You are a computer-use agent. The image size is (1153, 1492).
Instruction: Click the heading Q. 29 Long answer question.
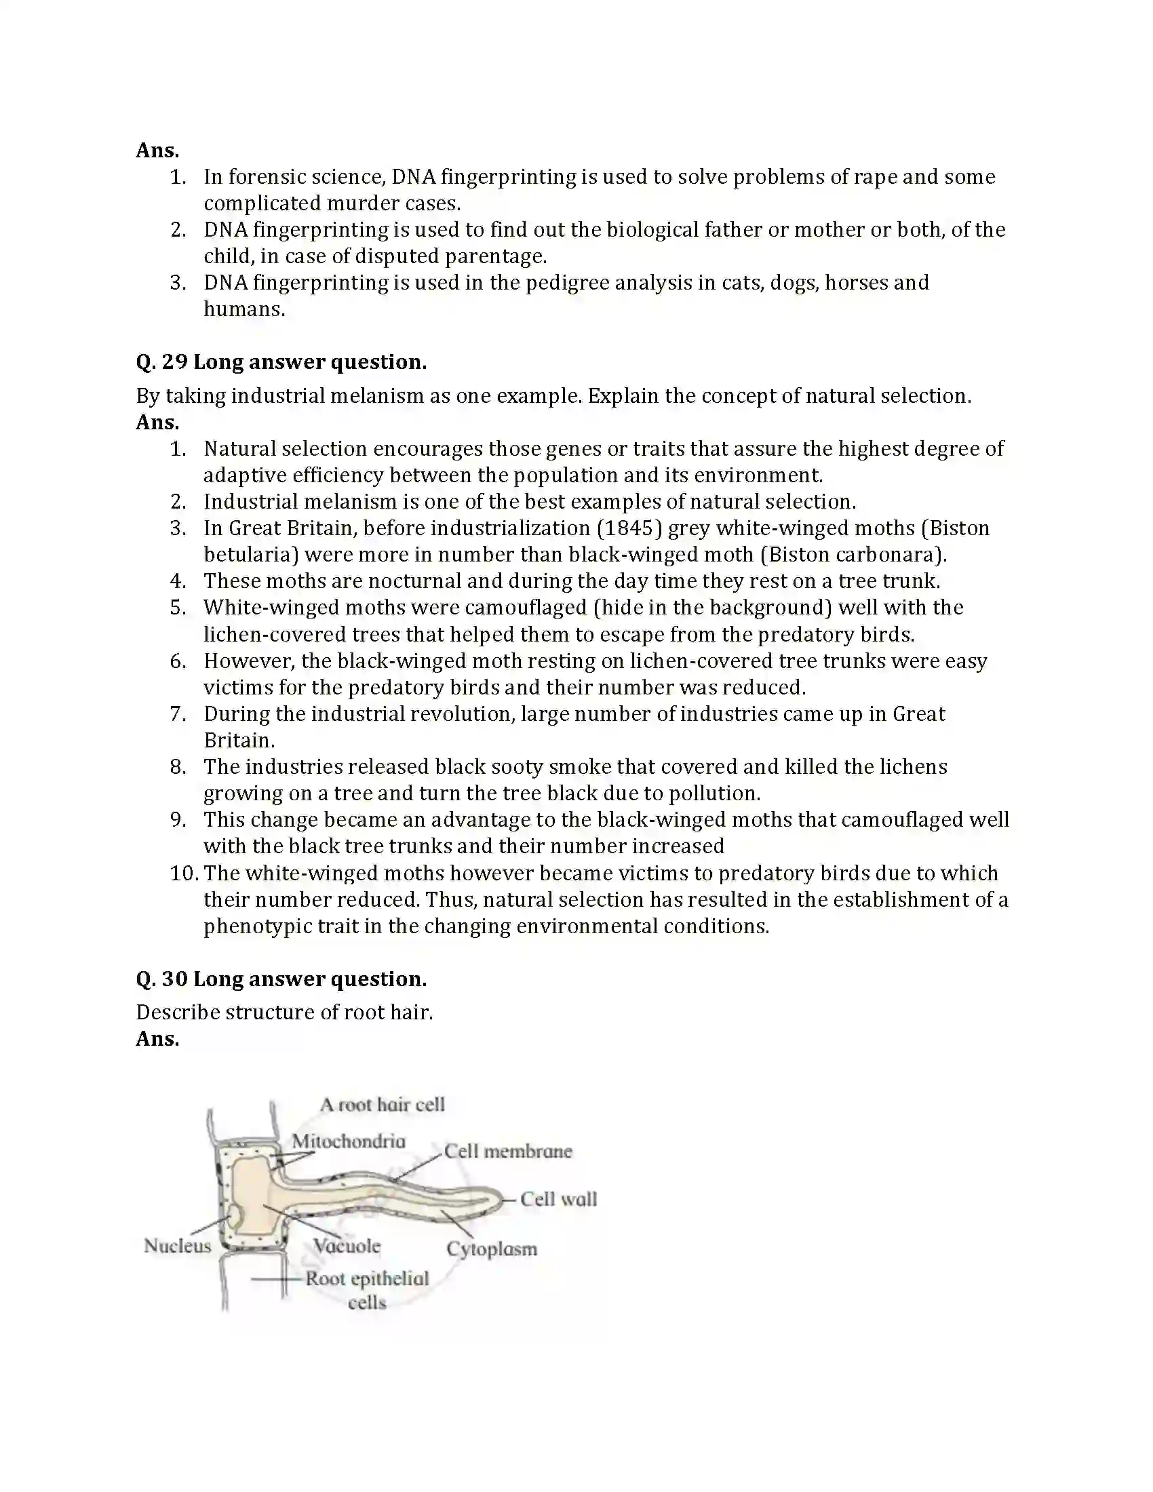[x=281, y=361]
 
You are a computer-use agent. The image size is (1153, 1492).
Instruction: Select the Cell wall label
[x=558, y=1199]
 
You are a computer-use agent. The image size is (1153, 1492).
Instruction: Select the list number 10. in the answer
[x=184, y=873]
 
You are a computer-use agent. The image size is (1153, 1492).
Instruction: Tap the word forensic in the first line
[x=267, y=176]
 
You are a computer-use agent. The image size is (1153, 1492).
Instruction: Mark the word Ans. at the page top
[x=157, y=150]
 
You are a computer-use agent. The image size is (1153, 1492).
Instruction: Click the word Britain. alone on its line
[x=238, y=740]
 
